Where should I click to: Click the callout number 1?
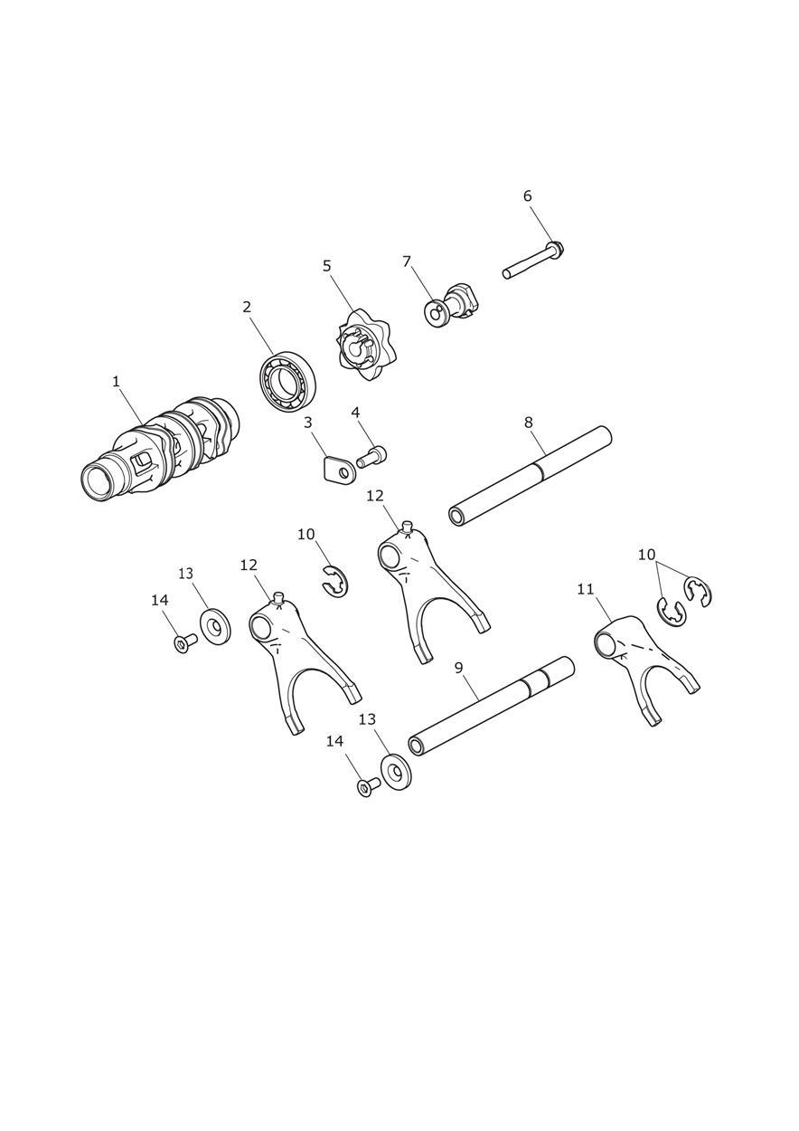116,382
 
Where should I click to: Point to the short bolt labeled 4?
371,455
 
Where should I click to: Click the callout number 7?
407,261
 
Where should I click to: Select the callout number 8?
528,423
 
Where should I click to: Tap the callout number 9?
458,668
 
